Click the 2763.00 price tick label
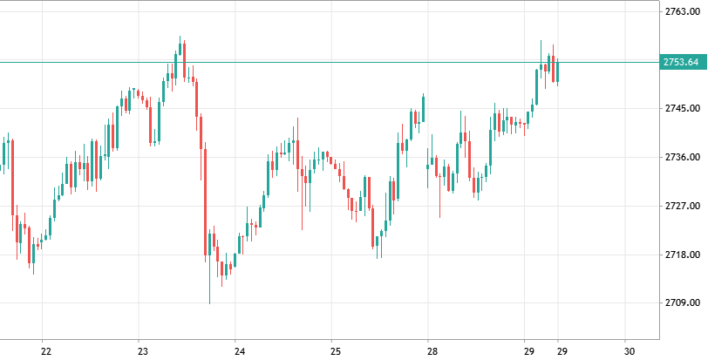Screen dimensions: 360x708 tap(681, 12)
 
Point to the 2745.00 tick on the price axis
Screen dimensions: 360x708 tap(681, 109)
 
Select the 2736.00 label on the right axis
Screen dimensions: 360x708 tap(681, 158)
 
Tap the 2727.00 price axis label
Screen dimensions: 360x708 tap(681, 207)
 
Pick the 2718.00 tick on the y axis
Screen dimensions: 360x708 tap(681, 255)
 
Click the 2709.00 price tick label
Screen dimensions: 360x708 tap(681, 303)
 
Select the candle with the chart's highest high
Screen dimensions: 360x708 tap(180, 52)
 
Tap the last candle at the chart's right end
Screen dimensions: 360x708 tap(557, 71)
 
